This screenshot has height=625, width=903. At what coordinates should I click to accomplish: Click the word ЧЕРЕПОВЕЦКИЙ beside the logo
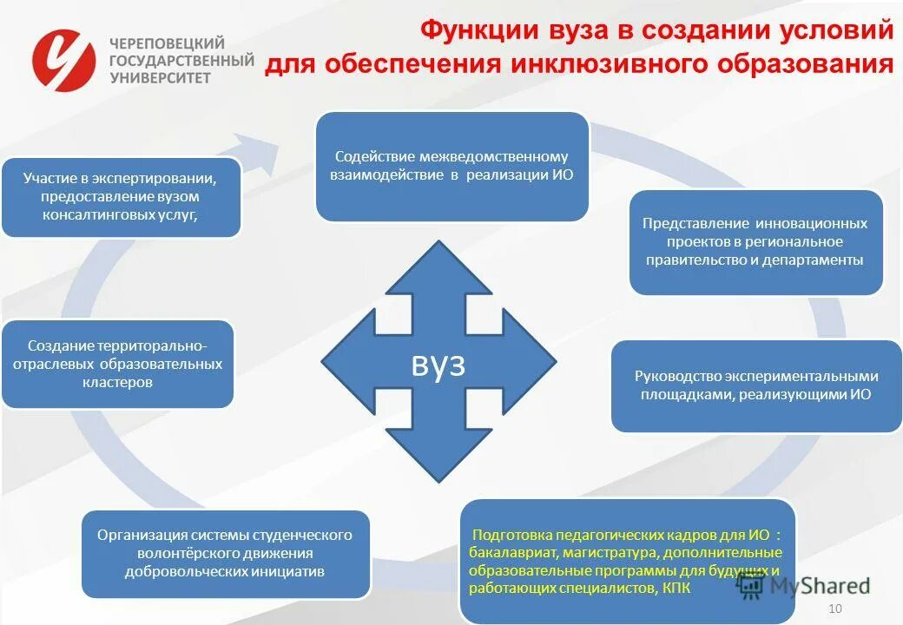[167, 43]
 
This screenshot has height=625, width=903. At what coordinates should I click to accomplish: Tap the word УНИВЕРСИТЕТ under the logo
[161, 77]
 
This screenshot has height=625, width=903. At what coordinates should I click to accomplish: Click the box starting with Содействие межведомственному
[451, 166]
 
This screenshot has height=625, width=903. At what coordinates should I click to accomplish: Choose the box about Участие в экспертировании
[121, 196]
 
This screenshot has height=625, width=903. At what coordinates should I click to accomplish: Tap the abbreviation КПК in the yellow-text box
[676, 589]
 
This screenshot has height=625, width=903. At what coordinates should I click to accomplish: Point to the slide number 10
[836, 608]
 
